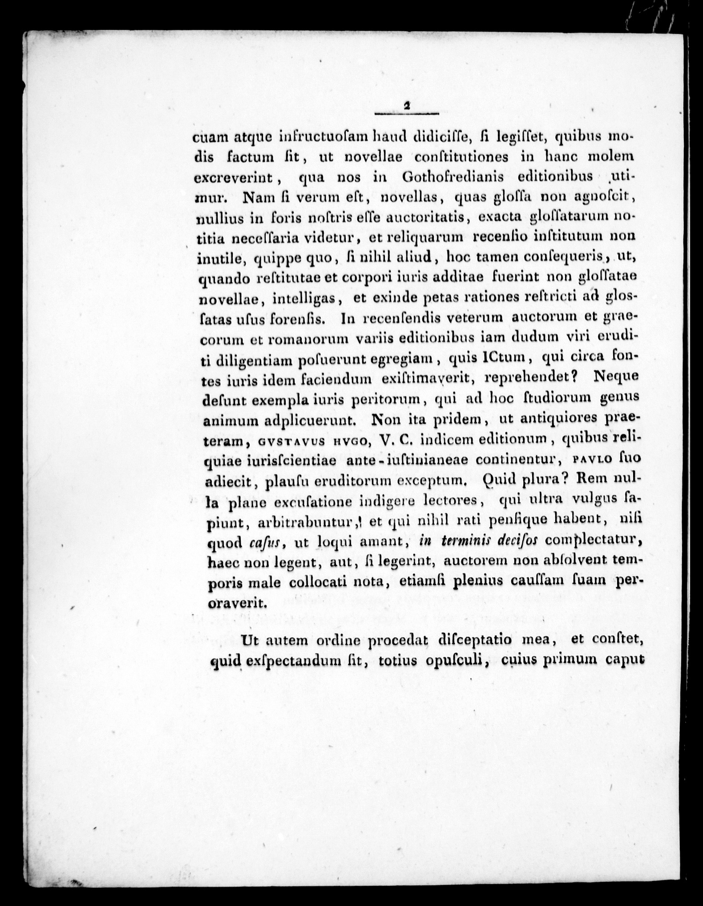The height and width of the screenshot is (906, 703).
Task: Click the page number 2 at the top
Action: click(x=407, y=106)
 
